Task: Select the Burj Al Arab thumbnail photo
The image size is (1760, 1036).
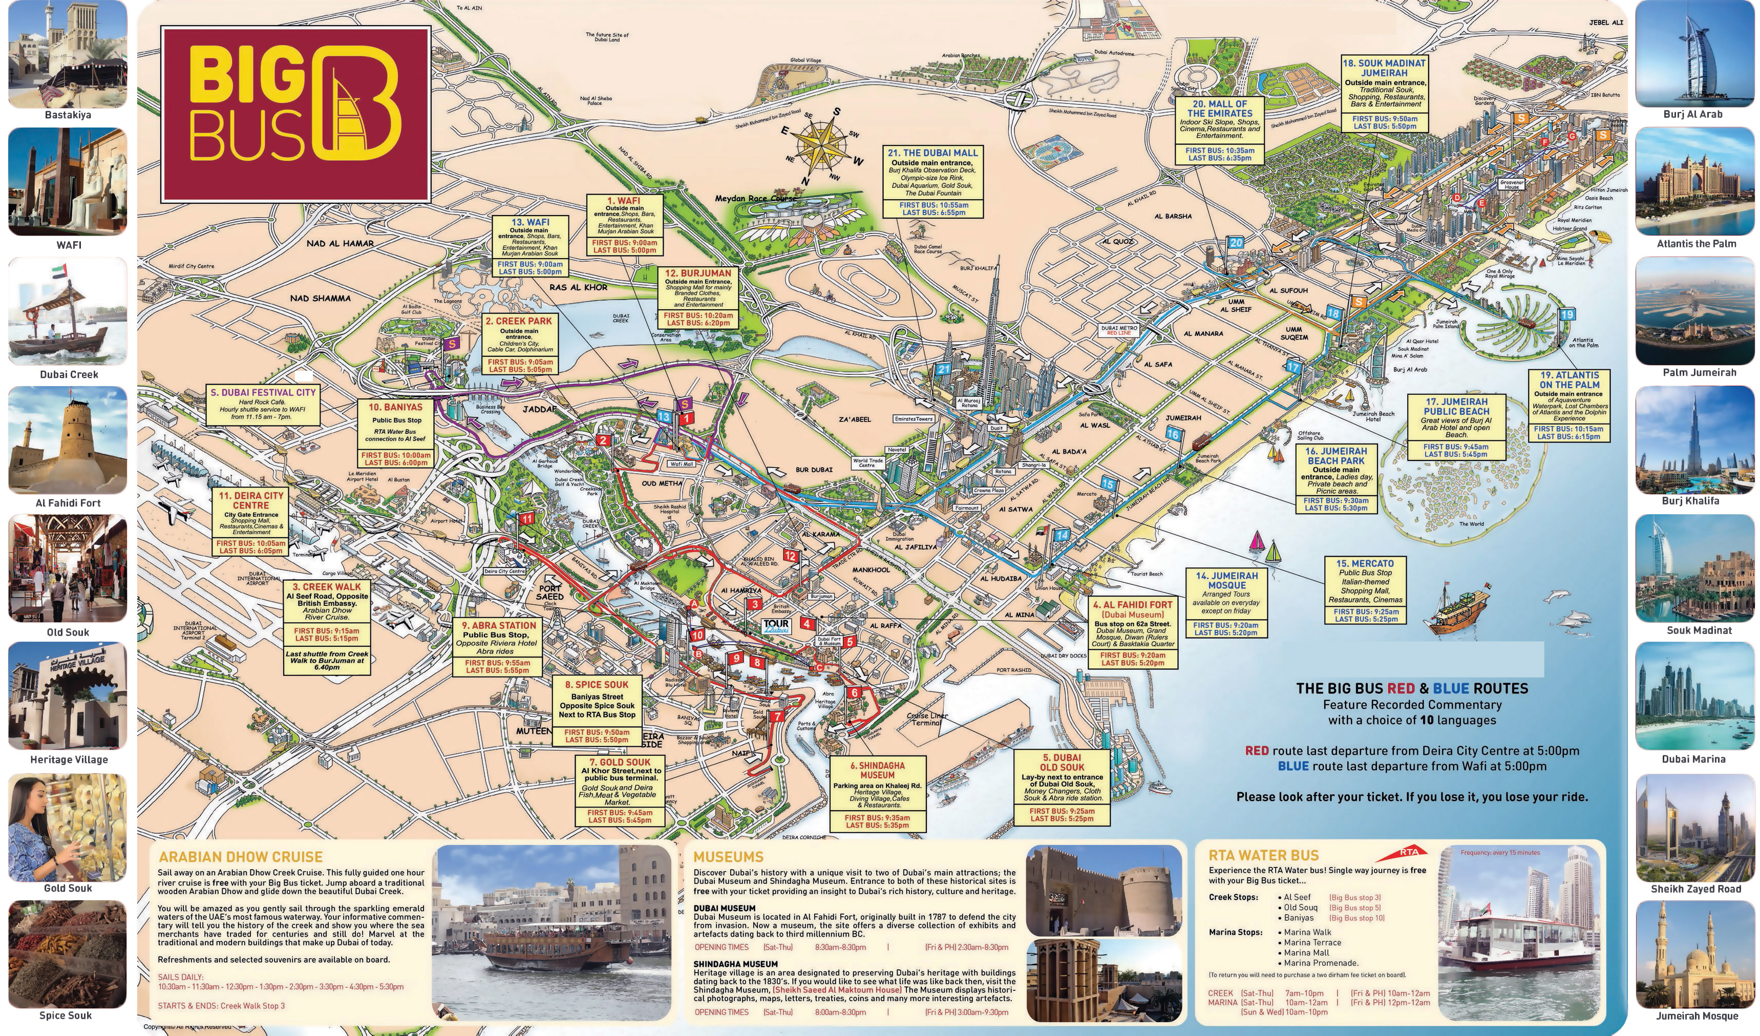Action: point(1693,54)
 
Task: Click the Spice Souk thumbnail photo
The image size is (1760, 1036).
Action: point(67,953)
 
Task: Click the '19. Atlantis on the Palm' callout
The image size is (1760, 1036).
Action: point(1570,405)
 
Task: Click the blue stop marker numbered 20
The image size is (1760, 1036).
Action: point(1236,243)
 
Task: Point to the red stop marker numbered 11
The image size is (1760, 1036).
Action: point(526,518)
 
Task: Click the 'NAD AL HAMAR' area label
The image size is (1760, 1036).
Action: point(340,244)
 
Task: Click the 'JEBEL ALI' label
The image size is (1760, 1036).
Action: point(1606,23)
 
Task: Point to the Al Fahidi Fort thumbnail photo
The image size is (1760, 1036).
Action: point(68,440)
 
